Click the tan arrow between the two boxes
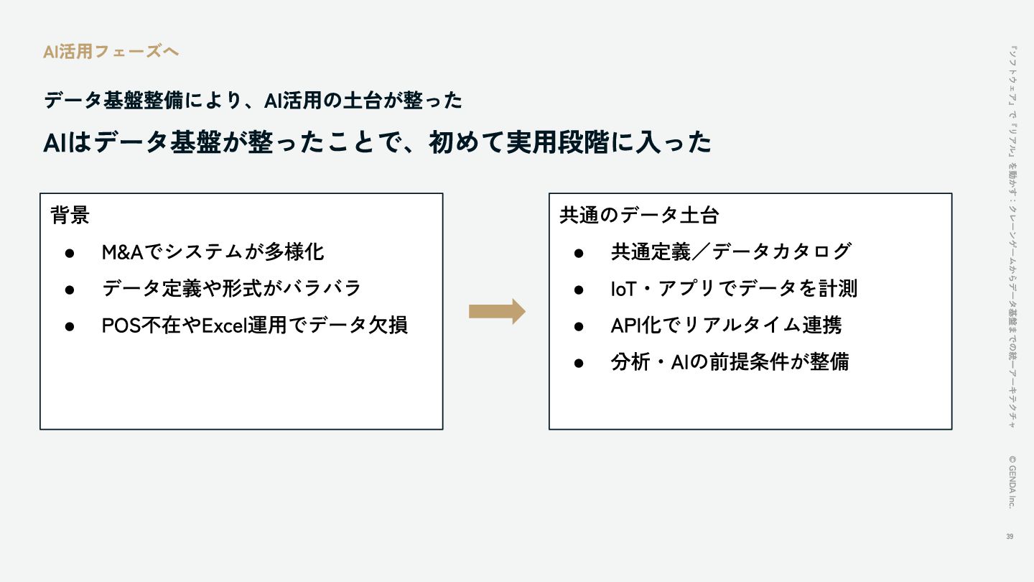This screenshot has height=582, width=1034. click(497, 311)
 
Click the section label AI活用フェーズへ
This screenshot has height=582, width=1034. click(111, 52)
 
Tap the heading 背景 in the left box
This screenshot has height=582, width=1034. click(70, 215)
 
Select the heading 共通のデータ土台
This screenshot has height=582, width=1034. click(639, 215)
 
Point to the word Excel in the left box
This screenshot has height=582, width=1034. click(223, 325)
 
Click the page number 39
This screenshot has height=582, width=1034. click(1010, 537)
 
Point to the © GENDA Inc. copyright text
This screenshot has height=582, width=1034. click(1011, 481)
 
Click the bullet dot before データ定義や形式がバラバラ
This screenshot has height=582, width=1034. click(70, 289)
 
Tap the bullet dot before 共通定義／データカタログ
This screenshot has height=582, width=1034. click(579, 252)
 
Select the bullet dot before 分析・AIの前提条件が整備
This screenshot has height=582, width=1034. click(579, 362)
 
